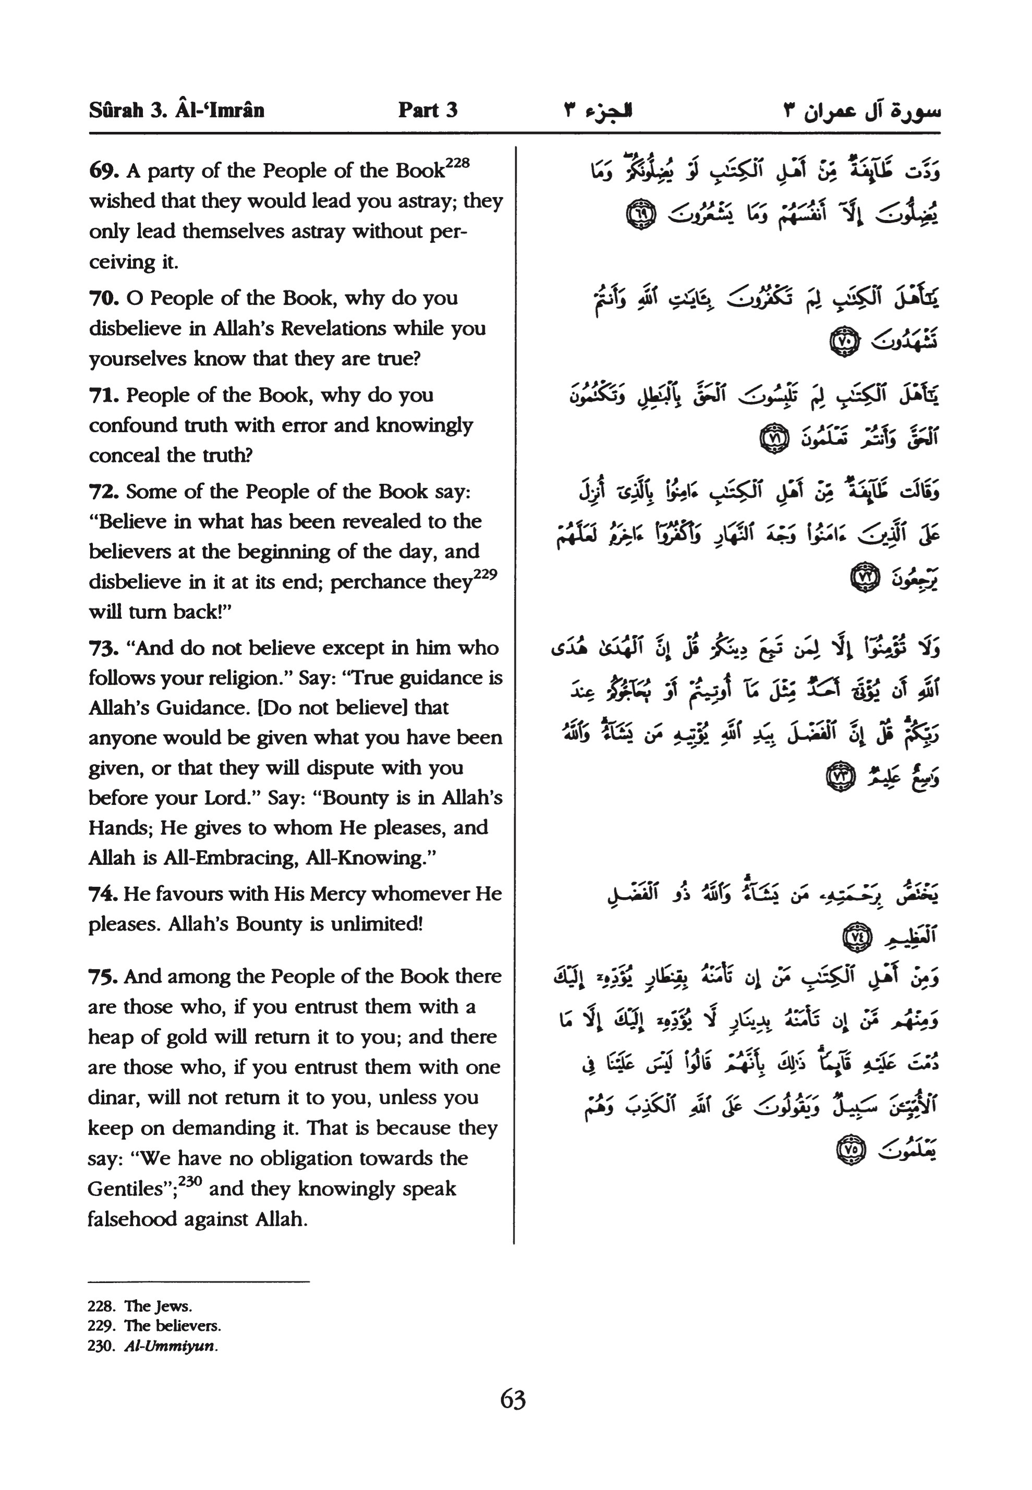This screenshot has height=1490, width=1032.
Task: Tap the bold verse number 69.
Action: coord(103,172)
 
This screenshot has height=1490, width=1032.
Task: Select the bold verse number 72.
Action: coord(103,492)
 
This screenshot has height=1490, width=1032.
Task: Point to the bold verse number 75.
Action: coord(103,977)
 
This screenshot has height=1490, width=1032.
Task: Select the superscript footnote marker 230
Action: coord(190,1181)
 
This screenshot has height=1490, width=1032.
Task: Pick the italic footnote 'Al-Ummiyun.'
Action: coord(171,1347)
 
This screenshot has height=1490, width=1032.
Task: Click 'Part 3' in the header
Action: coord(428,110)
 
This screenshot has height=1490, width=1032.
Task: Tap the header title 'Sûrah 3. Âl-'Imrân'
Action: coord(177,110)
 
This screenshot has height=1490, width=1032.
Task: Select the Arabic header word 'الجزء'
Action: coord(609,110)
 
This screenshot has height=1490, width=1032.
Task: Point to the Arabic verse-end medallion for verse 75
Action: coord(851,1150)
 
